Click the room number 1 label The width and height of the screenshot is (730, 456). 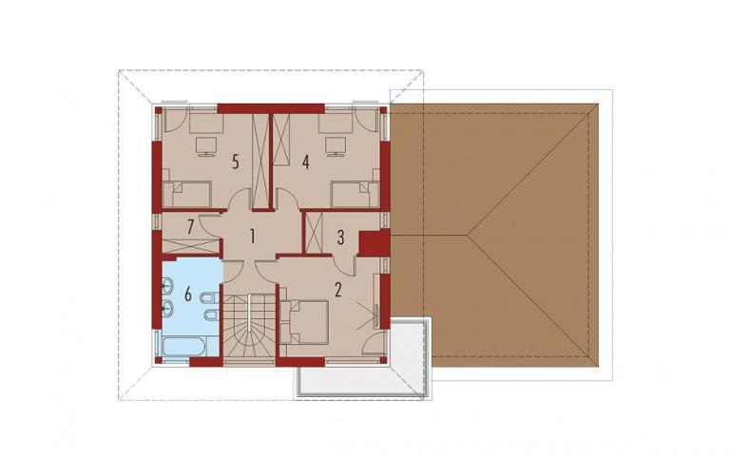click(x=252, y=237)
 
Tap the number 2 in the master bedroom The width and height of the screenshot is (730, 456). click(x=338, y=290)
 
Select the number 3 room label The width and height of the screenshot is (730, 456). click(x=340, y=237)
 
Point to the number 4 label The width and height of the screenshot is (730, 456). click(x=305, y=161)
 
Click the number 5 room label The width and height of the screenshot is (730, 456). click(x=235, y=161)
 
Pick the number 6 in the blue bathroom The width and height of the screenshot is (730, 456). click(x=187, y=294)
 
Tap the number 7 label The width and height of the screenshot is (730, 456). click(x=190, y=227)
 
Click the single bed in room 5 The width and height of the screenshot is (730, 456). click(x=186, y=194)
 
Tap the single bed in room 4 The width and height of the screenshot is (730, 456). click(x=355, y=194)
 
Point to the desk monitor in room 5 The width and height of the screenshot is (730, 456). click(x=205, y=147)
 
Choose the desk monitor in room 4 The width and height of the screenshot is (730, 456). click(x=335, y=147)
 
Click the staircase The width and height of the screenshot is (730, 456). click(x=249, y=326)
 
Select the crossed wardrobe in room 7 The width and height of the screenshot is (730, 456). click(x=190, y=246)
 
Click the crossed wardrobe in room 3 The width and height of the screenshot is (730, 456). click(x=314, y=232)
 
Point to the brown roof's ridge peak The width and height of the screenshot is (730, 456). click(x=469, y=235)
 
